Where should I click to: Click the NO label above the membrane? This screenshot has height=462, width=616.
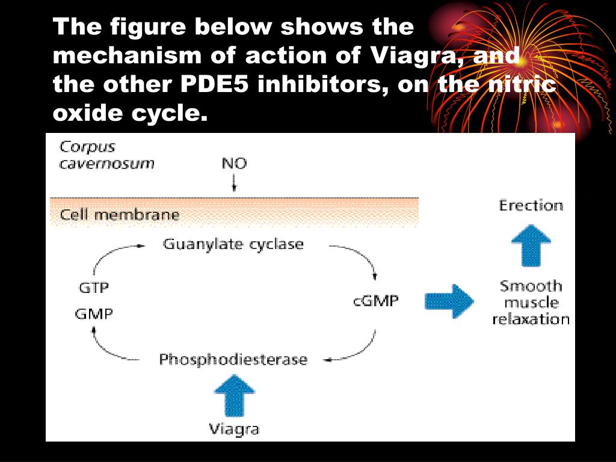point(234,163)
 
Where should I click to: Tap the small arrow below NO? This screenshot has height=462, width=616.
point(234,182)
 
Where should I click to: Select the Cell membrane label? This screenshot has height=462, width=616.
point(120,215)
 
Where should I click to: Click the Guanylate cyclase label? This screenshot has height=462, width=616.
point(233,244)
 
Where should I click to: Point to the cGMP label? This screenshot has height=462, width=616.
point(375,300)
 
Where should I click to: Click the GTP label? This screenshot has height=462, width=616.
point(94,288)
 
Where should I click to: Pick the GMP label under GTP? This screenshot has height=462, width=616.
point(94,313)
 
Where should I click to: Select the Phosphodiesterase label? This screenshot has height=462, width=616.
point(233,360)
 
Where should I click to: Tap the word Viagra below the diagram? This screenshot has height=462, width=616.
point(234,429)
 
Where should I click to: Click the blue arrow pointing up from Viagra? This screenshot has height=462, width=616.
point(234,396)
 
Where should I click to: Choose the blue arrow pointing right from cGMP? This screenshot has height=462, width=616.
point(449,301)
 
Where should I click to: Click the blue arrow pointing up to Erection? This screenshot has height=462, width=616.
point(531,244)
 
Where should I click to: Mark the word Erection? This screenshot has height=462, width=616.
point(531,206)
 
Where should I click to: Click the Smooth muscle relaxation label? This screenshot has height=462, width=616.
point(531,303)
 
